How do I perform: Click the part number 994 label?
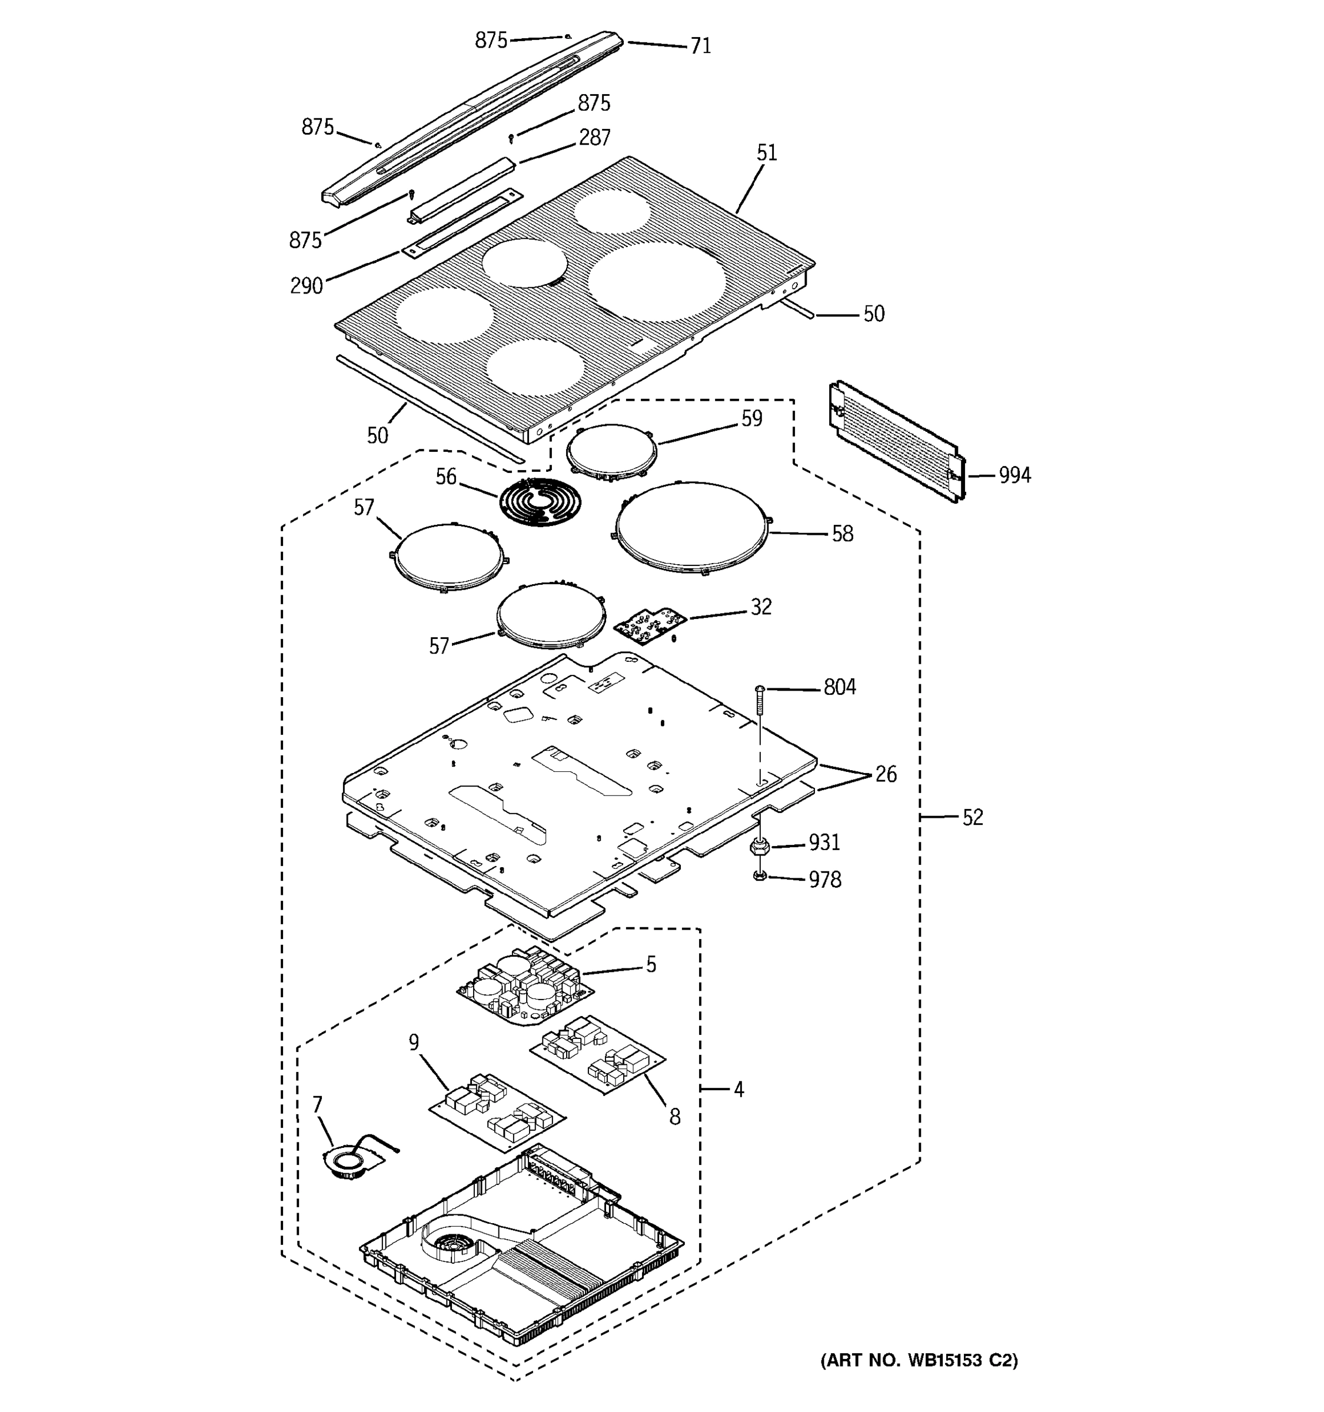(1014, 475)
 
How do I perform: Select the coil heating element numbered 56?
(540, 501)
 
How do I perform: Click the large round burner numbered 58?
(692, 527)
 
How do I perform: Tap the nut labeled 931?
(759, 847)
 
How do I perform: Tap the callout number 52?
(972, 818)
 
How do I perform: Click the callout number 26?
(885, 774)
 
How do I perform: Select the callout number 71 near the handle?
(700, 45)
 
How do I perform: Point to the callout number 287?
(594, 137)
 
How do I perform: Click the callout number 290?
(306, 285)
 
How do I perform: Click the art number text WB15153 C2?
(919, 1360)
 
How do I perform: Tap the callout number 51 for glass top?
(766, 153)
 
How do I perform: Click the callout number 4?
(738, 1089)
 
